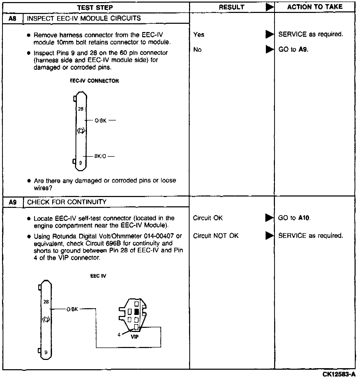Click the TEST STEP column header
95,7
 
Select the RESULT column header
231,7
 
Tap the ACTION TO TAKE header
315,7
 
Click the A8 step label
13,19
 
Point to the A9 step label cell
13,202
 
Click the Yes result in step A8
199,35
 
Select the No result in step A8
197,50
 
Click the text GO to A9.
293,49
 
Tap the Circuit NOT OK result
216,236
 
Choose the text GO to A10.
294,218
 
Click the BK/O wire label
100,156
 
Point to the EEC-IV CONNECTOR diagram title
94,81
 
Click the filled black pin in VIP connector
137,312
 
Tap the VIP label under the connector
134,337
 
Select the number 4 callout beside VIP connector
119,335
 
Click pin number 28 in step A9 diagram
46,302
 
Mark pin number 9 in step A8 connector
80,163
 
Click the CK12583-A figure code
339,374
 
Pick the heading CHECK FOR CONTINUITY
67,202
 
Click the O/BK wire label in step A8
101,120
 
